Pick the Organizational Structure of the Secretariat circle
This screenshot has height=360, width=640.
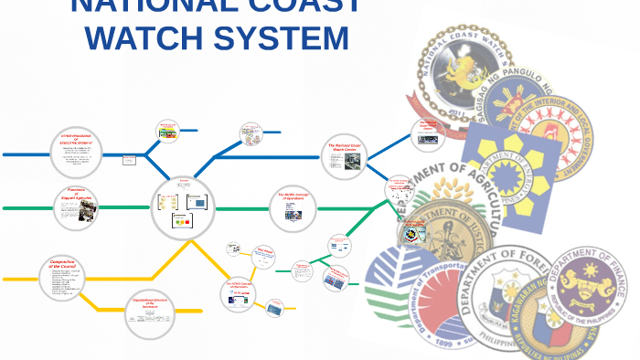click(x=149, y=311)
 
